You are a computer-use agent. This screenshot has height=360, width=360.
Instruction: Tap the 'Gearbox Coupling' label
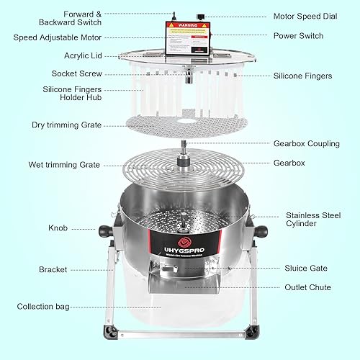[306, 143]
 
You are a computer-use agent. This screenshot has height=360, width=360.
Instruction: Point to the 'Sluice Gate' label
[306, 267]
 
